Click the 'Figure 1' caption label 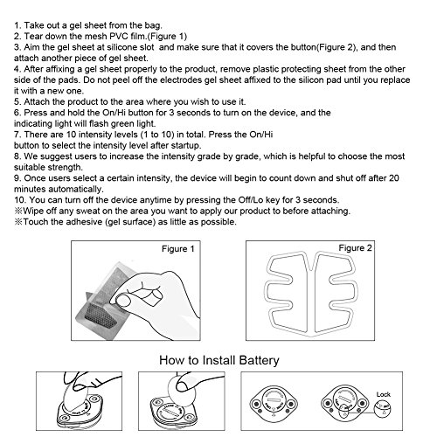(x=178, y=249)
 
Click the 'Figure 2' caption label (x=355, y=248)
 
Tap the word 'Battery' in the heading (x=259, y=360)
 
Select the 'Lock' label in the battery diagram (x=383, y=394)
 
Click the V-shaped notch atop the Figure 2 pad (x=311, y=263)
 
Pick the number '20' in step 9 (x=393, y=178)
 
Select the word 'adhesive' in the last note (x=84, y=222)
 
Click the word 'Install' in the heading (x=218, y=360)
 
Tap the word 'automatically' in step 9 (x=75, y=189)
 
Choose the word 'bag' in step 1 (x=153, y=25)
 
